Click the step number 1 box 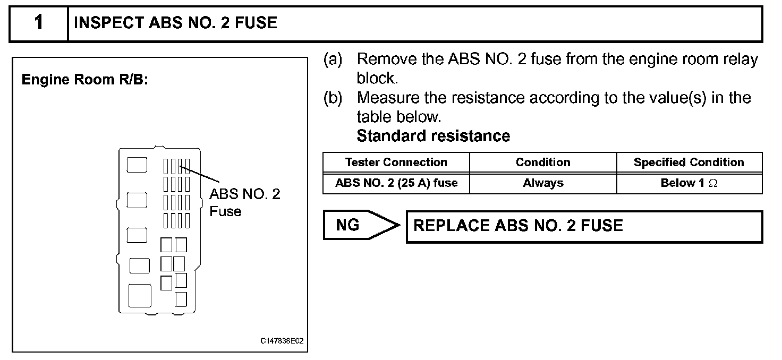(39, 23)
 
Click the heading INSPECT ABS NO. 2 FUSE (175, 23)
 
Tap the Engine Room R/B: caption (84, 80)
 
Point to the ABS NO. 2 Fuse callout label (244, 202)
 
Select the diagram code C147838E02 (282, 341)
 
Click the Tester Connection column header (396, 162)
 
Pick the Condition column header (542, 162)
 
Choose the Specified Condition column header (688, 162)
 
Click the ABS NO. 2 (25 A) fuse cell (396, 183)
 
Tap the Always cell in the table (542, 183)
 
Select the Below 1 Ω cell (688, 183)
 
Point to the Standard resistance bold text (433, 136)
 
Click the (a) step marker (333, 59)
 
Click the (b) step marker (333, 98)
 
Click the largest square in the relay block (140, 295)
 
